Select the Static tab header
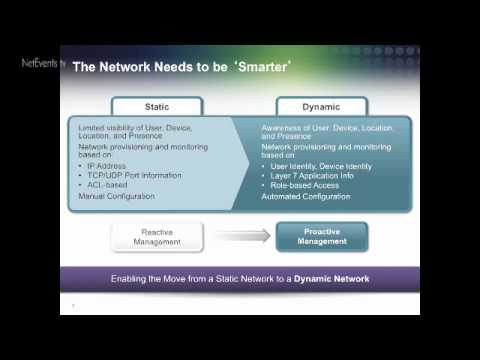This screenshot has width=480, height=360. click(x=156, y=106)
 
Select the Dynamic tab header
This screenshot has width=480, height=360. click(x=320, y=106)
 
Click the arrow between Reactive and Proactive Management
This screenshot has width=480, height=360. click(x=237, y=237)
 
